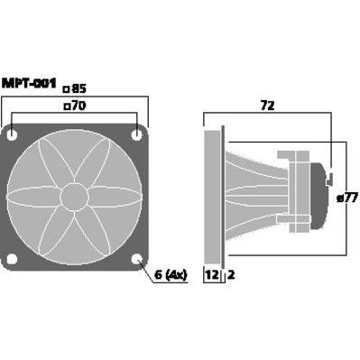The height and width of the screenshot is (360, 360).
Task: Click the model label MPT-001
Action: (29, 83)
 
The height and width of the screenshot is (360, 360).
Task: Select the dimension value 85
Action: (79, 88)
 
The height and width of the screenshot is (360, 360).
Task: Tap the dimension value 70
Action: (79, 106)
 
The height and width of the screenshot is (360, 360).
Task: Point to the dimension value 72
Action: (267, 106)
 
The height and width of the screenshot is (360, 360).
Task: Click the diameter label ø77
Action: (347, 198)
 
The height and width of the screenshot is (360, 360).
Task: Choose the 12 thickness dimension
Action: (212, 274)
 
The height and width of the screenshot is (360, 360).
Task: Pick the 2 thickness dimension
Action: (231, 274)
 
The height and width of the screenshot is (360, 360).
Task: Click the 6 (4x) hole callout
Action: (171, 274)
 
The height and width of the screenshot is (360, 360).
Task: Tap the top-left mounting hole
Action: (12, 134)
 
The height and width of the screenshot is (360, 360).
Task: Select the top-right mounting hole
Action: (137, 134)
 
